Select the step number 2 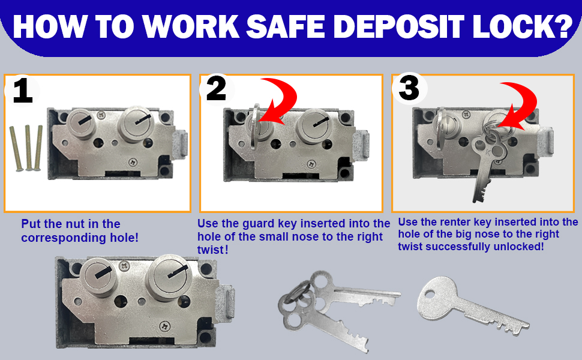(216, 89)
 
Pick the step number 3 (409, 89)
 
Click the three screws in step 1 (26, 148)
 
